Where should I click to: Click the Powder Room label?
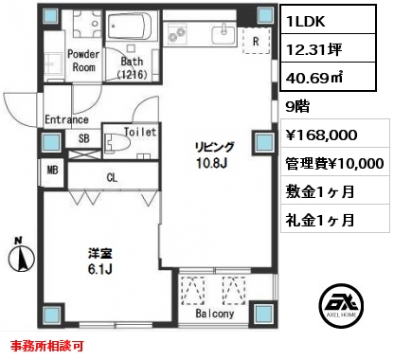pyautogui.click(x=83, y=61)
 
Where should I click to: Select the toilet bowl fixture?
pyautogui.click(x=116, y=144)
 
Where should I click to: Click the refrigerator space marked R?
pyautogui.click(x=257, y=41)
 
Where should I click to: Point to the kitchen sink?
pyautogui.click(x=224, y=34)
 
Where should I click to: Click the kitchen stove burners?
pyautogui.click(x=177, y=35)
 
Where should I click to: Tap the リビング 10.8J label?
pyautogui.click(x=215, y=155)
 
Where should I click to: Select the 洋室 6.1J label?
pyautogui.click(x=99, y=261)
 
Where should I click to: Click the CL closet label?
pyautogui.click(x=112, y=178)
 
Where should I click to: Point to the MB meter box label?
pyautogui.click(x=53, y=171)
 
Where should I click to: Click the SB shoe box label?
pyautogui.click(x=84, y=138)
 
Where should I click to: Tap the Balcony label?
pyautogui.click(x=215, y=314)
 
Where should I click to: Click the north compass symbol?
pyautogui.click(x=21, y=258)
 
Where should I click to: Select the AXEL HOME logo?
pyautogui.click(x=341, y=306)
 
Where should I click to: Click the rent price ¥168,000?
pyautogui.click(x=321, y=135)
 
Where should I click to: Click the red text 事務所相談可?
pyautogui.click(x=46, y=346)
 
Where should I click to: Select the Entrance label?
pyautogui.click(x=66, y=119)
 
